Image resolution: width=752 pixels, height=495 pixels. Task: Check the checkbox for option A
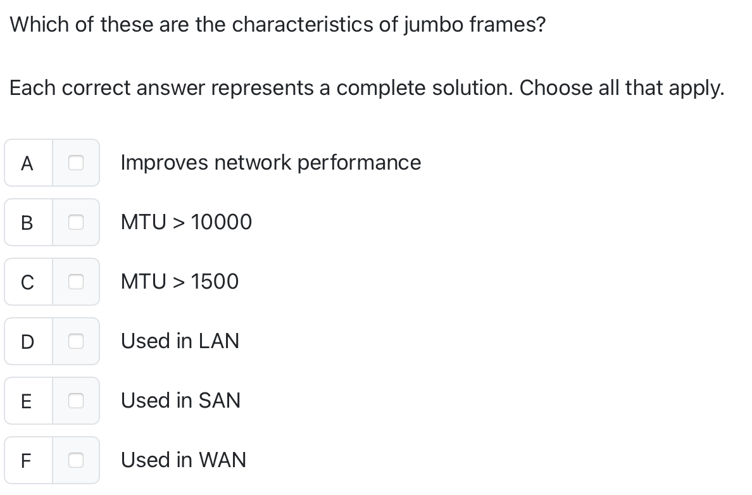click(76, 163)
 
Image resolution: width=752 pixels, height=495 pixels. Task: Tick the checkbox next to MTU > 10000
click(76, 222)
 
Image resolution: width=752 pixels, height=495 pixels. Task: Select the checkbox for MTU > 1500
click(76, 282)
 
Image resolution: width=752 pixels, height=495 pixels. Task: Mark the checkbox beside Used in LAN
click(76, 341)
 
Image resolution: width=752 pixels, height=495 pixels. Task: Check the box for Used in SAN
click(76, 401)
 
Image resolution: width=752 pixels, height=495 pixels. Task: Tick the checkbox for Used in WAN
click(76, 460)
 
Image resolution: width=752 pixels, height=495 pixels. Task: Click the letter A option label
click(27, 163)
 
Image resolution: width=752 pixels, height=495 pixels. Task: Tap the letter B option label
click(27, 223)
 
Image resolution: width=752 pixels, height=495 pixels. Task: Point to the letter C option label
click(27, 282)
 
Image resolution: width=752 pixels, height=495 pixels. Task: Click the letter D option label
click(27, 342)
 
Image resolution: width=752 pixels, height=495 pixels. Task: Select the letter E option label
click(27, 401)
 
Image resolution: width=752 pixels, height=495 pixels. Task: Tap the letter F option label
click(27, 461)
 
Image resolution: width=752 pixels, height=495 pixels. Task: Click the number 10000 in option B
click(221, 222)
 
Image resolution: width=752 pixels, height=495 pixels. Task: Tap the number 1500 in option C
click(215, 282)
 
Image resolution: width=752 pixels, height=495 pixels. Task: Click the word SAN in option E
click(219, 401)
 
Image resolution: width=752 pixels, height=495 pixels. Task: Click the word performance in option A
click(359, 163)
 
